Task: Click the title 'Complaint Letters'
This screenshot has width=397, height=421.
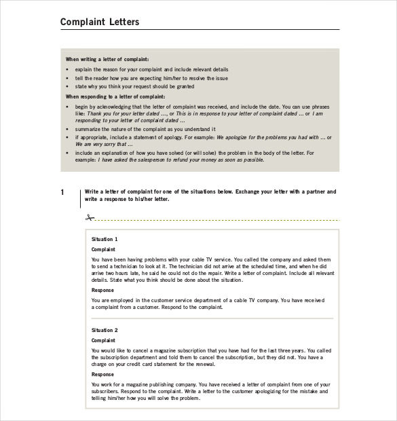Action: coord(100,22)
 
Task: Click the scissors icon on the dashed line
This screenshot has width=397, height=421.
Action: coord(89,218)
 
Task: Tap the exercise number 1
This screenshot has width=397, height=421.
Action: coord(62,193)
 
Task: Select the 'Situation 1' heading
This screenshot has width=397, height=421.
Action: coord(105,239)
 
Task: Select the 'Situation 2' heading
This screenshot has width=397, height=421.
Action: coord(105,330)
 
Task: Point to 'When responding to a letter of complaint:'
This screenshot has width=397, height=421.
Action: coord(115,96)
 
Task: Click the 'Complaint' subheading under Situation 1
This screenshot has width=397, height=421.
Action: coord(103,249)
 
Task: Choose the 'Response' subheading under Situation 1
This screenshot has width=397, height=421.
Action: coord(102,290)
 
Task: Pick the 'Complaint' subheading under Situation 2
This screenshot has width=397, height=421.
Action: coord(103,340)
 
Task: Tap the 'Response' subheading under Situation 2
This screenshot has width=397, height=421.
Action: coord(102,374)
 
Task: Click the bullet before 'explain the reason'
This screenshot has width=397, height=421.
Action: coord(67,69)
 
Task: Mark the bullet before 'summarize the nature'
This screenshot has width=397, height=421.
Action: coord(67,129)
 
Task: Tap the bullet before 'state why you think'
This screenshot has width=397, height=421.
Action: coord(67,87)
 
